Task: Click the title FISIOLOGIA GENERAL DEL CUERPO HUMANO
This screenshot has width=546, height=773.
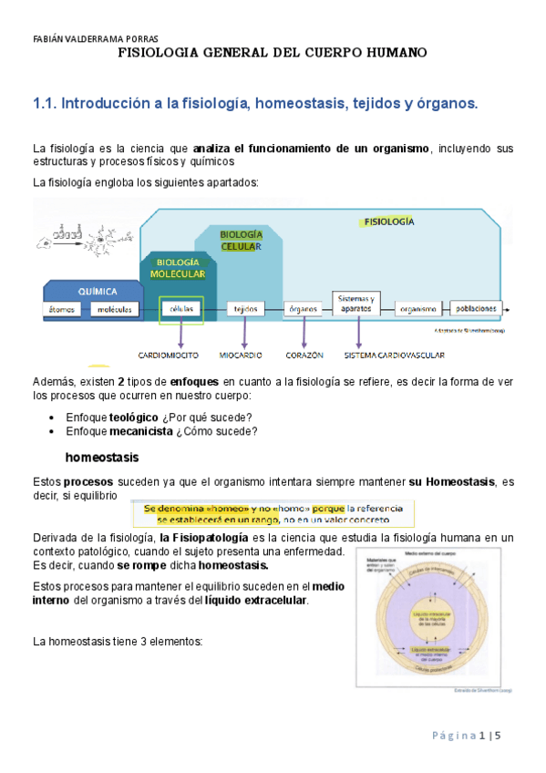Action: (273, 53)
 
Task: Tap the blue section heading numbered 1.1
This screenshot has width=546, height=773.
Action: (255, 104)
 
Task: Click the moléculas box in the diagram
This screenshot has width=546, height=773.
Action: (115, 309)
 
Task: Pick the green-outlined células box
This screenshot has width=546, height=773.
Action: (176, 309)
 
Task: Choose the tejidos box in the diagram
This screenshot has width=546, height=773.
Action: (242, 309)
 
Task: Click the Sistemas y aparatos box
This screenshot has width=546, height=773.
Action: (355, 304)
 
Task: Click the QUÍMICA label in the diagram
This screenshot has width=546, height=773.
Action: (97, 292)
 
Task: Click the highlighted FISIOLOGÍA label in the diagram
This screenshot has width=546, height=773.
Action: (388, 222)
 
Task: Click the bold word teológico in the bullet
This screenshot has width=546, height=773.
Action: (133, 417)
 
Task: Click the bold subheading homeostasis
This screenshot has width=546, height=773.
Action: (101, 456)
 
